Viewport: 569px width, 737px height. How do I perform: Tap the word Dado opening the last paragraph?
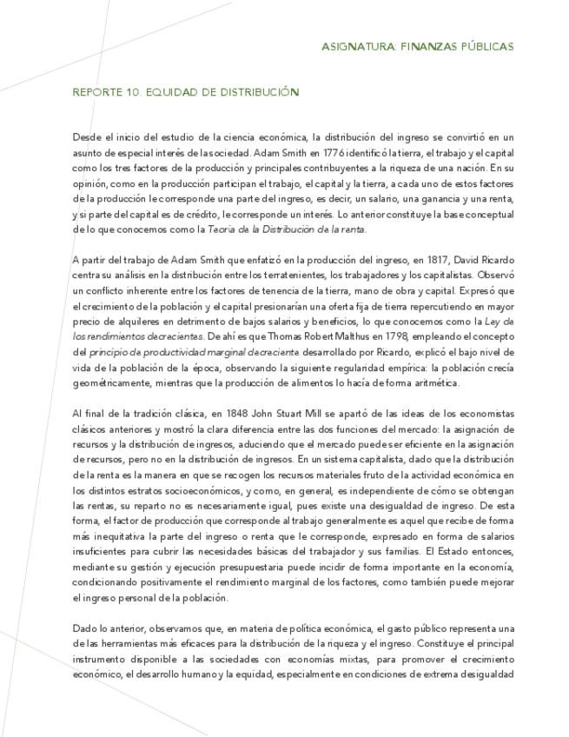point(84,628)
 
